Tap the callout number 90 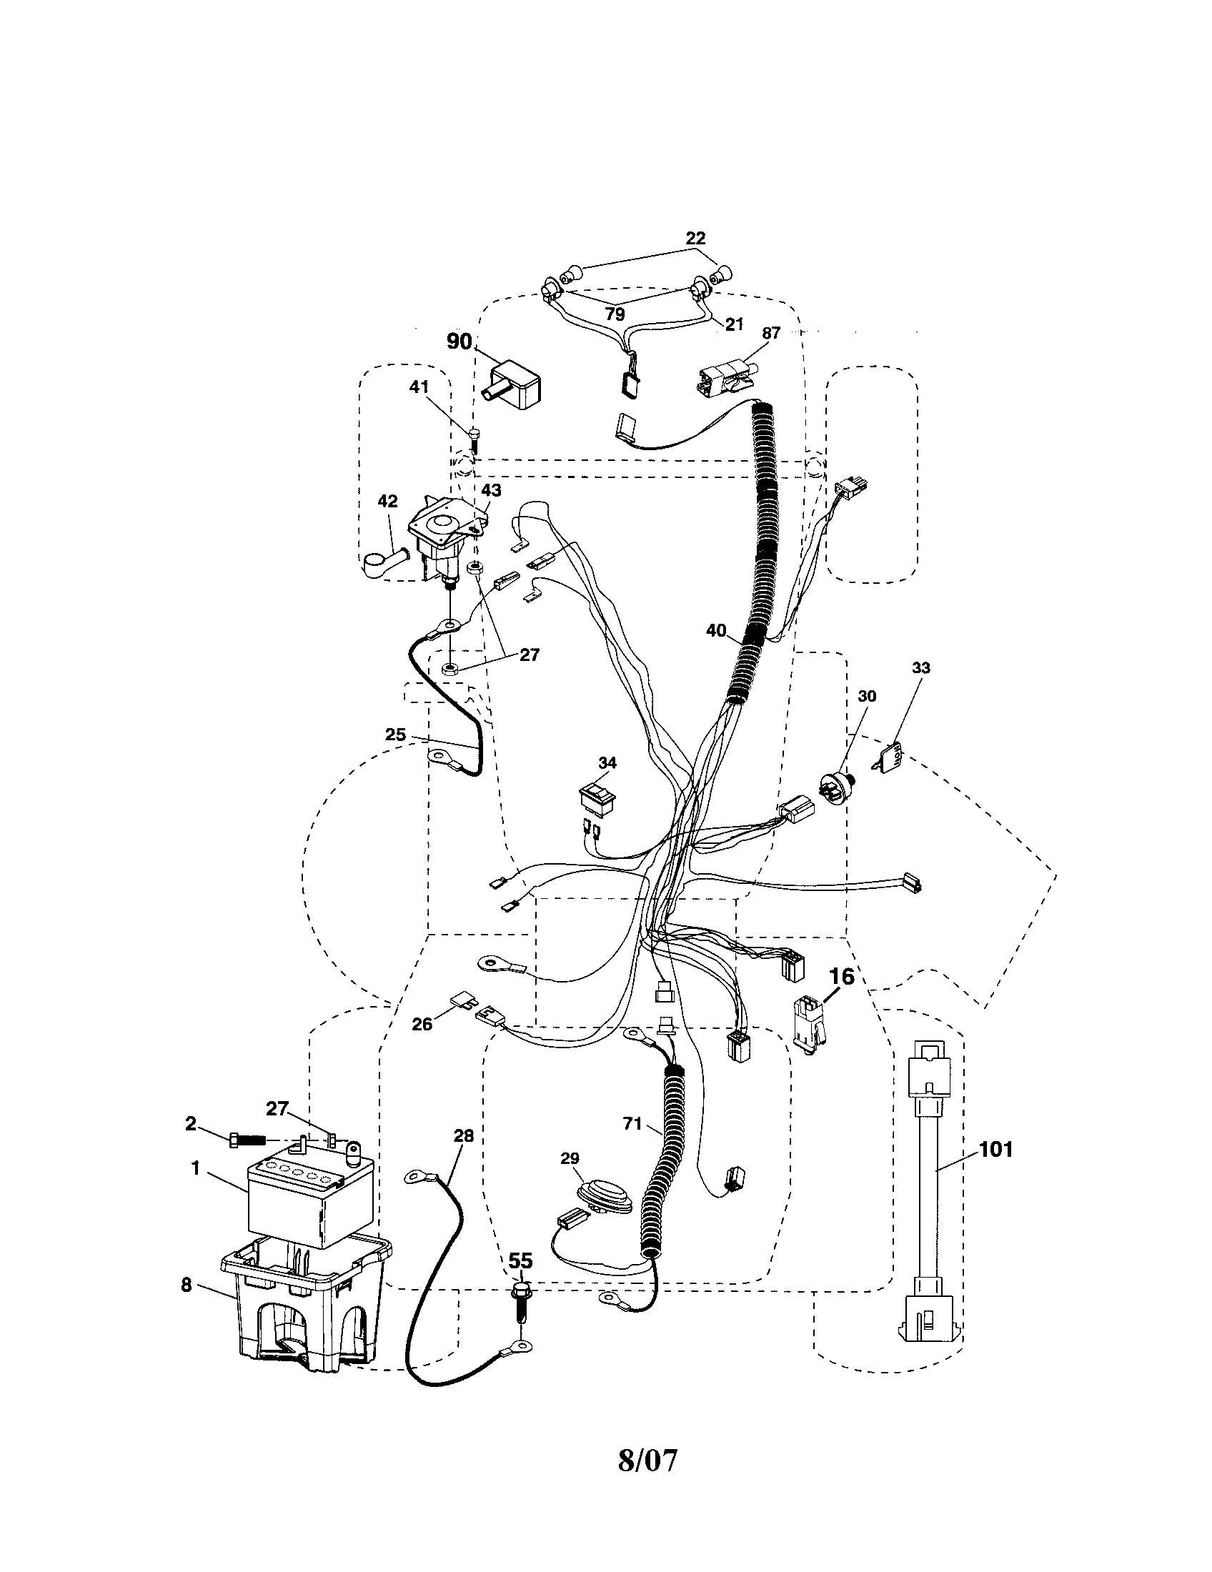click(460, 341)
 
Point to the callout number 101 click(995, 1150)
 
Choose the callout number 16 click(841, 977)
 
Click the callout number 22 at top click(695, 237)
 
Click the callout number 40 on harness click(716, 631)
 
